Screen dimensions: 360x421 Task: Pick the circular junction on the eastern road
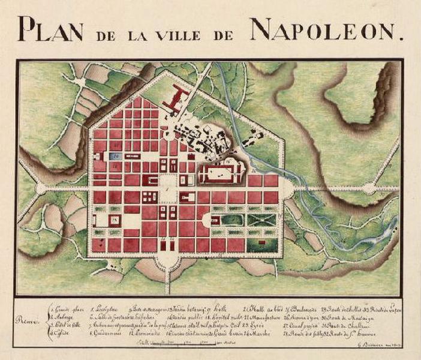[x=368, y=188]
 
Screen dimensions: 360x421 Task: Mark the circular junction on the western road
[x=41, y=188]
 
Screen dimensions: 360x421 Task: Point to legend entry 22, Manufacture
[x=259, y=316]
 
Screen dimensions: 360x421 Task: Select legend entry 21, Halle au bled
[x=258, y=307]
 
